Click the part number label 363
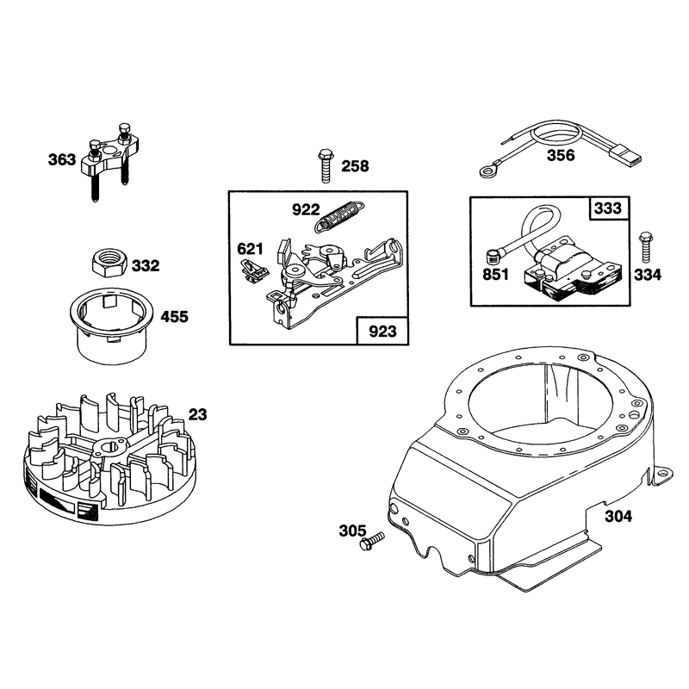click(x=62, y=159)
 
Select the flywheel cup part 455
click(x=113, y=326)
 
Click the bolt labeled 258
click(x=325, y=166)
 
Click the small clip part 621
click(x=254, y=270)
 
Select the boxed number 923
click(x=382, y=331)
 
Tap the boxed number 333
click(x=609, y=208)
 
